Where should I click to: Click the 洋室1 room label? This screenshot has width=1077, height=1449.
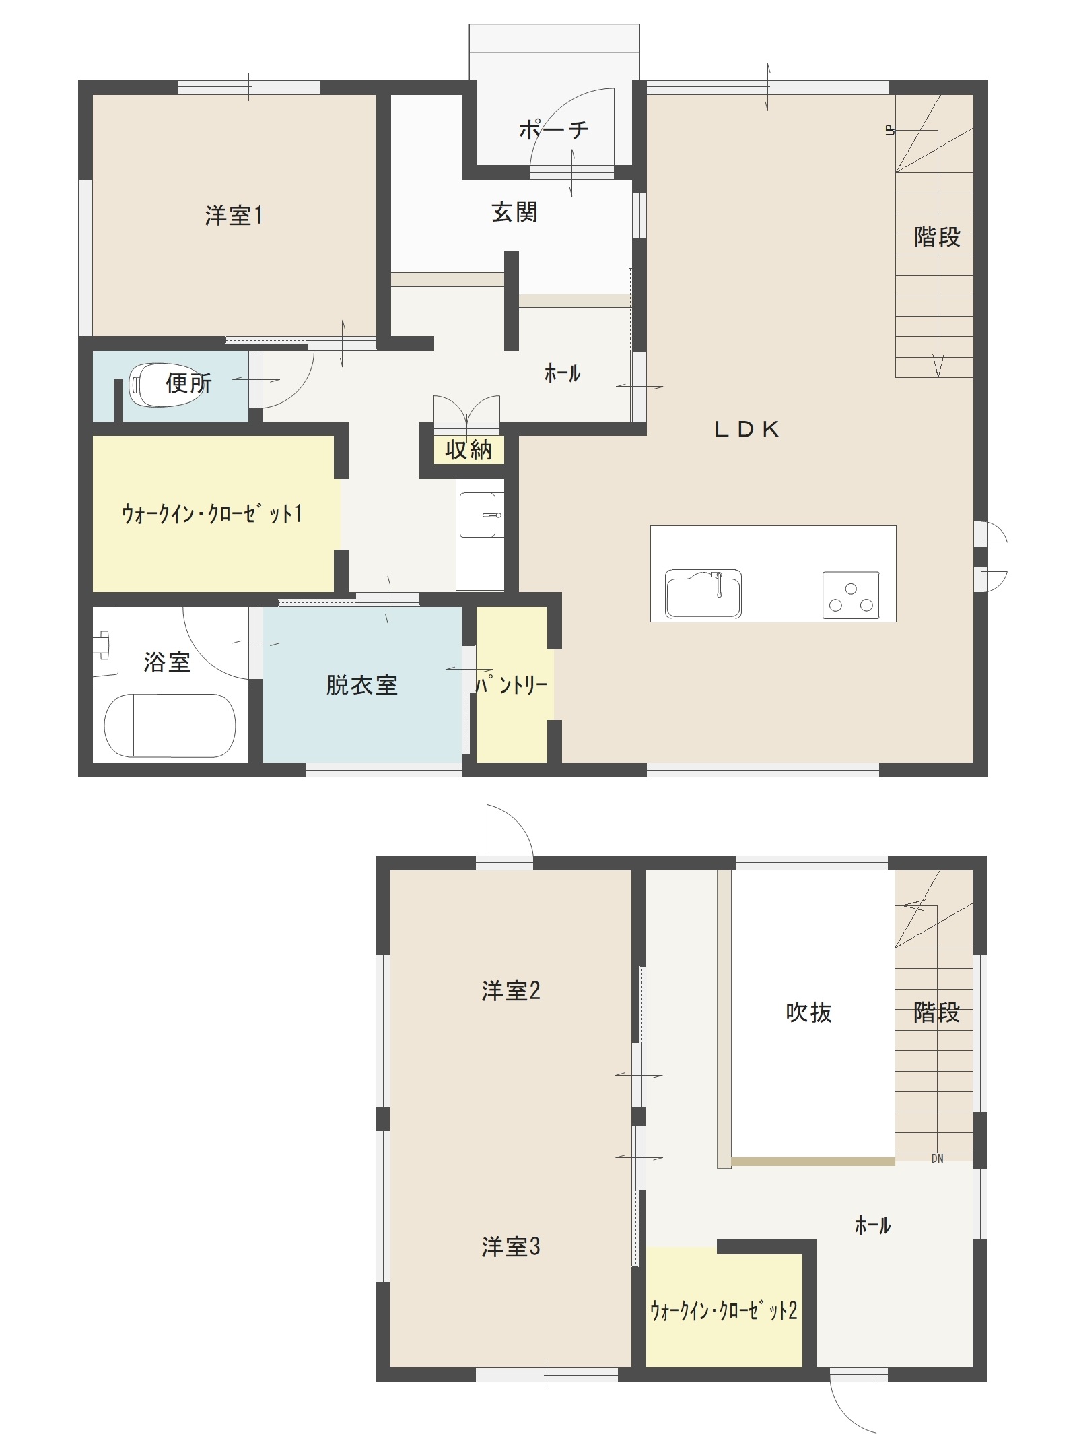coord(234,216)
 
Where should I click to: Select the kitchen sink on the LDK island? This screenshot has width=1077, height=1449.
coord(703,593)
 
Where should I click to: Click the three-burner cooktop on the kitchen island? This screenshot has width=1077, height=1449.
coord(851,595)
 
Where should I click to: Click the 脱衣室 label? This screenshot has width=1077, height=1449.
coord(361,685)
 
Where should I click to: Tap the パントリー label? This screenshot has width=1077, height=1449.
coord(512,685)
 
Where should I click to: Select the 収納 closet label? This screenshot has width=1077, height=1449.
coord(468,449)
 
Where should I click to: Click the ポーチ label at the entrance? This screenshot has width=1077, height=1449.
coord(553,129)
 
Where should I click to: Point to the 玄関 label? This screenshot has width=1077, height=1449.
coord(514,213)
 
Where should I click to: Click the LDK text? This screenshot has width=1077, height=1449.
coord(746,429)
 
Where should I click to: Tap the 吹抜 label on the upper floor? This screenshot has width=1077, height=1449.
coord(808,1012)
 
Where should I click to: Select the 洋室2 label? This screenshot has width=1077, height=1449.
coord(510,991)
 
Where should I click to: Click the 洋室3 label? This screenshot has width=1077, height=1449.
coord(510,1247)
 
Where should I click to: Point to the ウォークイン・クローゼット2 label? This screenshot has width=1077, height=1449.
coord(724,1311)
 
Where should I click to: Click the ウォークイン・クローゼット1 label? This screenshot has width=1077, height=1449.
coord(212,514)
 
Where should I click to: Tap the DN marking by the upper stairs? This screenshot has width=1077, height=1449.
coord(937,1159)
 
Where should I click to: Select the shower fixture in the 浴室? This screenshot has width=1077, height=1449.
coord(103,643)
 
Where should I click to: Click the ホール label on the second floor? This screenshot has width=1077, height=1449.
coord(872,1225)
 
